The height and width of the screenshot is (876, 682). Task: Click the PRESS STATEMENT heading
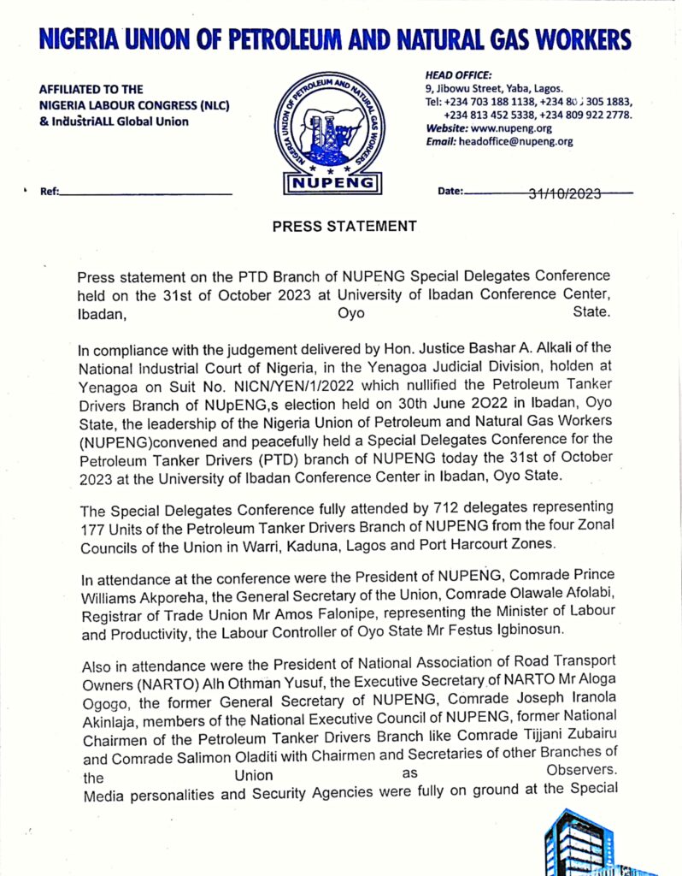point(344,227)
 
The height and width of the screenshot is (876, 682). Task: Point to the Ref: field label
point(50,192)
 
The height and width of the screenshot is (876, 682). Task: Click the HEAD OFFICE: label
point(458,75)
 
